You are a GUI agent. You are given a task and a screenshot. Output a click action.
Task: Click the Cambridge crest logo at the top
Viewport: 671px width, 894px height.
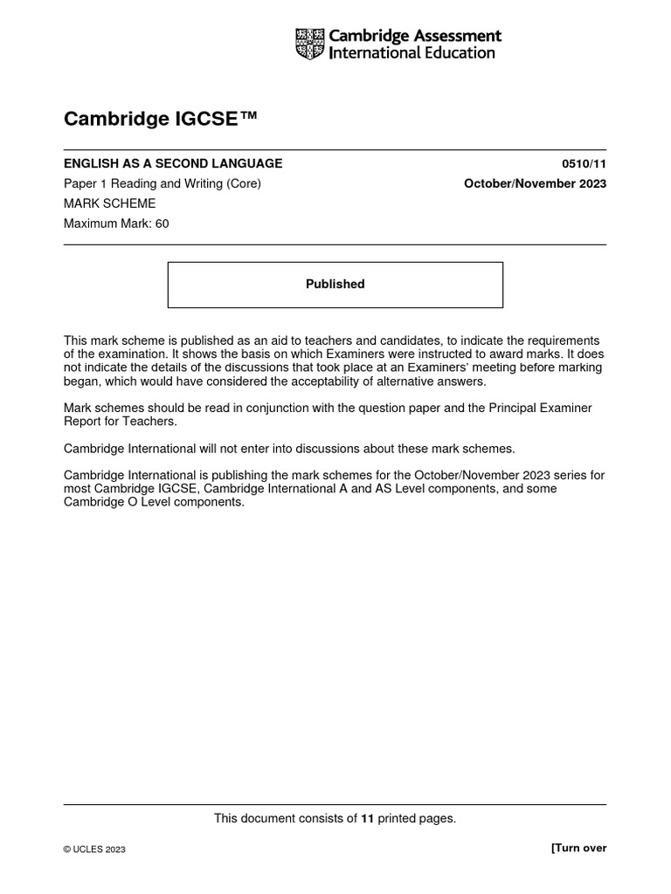click(x=309, y=44)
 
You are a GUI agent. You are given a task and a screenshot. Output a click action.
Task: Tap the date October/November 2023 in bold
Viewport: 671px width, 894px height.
click(x=535, y=183)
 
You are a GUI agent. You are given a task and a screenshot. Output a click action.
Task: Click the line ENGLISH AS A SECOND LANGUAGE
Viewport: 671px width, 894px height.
click(x=173, y=163)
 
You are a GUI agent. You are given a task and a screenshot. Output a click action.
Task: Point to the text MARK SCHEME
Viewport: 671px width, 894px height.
click(x=109, y=203)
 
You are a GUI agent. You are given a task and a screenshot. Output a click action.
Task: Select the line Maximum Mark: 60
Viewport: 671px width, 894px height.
click(x=116, y=223)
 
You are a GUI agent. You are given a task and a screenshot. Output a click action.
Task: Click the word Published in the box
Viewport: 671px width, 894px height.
click(x=335, y=284)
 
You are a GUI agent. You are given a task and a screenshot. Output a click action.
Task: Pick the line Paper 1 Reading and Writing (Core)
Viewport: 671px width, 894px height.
click(x=163, y=183)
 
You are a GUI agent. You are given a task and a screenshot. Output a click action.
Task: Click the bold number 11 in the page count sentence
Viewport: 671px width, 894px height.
click(x=368, y=818)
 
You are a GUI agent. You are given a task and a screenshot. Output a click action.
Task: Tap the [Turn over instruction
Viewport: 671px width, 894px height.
click(x=578, y=848)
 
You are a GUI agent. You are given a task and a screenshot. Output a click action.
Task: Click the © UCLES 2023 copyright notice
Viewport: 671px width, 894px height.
click(x=94, y=849)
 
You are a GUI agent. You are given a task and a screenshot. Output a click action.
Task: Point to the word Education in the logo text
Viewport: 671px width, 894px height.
click(x=455, y=52)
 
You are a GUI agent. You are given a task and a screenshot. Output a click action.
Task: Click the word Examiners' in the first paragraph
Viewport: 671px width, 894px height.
click(x=482, y=368)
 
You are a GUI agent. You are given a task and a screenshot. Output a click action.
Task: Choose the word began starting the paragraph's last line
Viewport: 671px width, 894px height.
click(x=81, y=381)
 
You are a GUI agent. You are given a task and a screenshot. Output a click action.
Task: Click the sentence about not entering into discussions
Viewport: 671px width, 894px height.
click(x=289, y=449)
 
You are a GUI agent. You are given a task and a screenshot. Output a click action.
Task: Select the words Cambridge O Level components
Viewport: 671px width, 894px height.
click(x=155, y=503)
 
